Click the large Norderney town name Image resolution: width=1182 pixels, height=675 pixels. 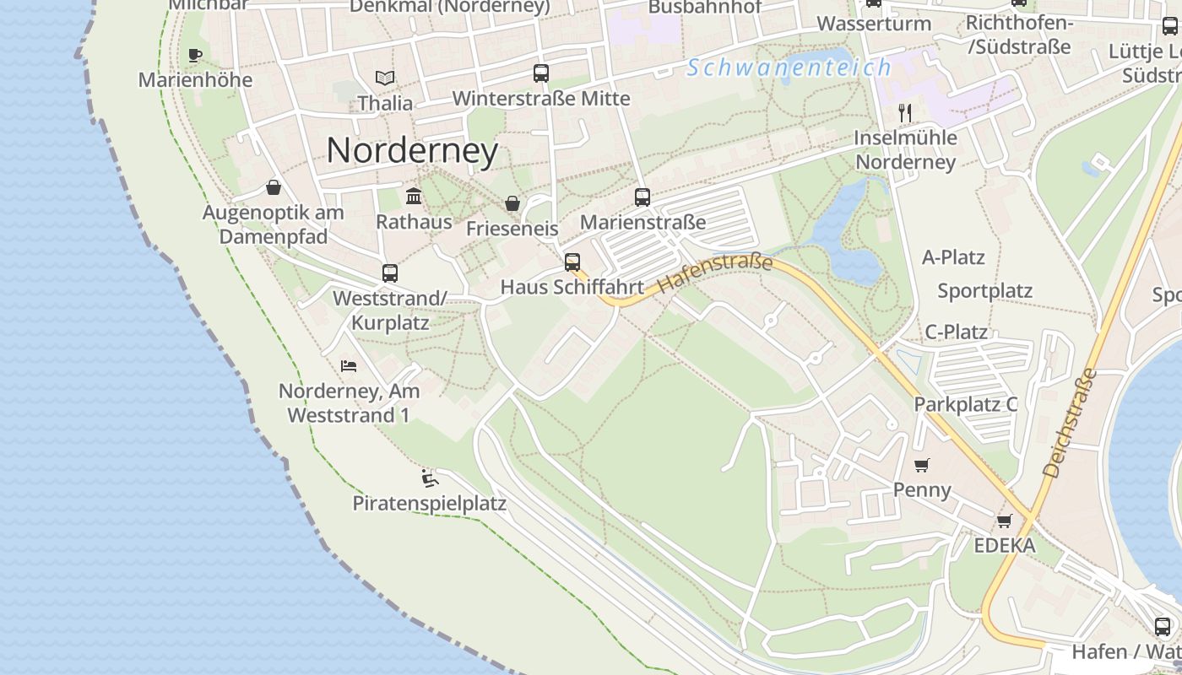412,150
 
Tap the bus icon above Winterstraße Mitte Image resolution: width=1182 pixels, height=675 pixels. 541,73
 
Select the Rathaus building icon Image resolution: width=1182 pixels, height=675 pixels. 414,197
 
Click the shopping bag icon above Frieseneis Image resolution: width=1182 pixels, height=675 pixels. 512,203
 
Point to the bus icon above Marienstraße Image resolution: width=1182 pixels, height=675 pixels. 643,197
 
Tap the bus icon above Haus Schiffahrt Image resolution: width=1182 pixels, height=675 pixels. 572,262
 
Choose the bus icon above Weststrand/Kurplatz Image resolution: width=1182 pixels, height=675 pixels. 389,273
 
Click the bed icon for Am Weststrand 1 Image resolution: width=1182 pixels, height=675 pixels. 349,366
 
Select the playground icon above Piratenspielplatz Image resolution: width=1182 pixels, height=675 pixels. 430,479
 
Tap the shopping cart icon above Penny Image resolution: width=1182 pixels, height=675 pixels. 922,465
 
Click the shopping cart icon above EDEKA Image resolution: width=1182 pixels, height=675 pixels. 1004,521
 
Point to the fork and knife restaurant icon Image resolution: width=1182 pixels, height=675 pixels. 905,112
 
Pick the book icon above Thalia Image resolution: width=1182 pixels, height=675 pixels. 385,78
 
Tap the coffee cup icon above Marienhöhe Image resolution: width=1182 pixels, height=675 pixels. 195,56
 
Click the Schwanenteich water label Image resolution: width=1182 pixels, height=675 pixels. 789,67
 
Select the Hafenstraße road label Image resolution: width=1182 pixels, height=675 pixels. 715,273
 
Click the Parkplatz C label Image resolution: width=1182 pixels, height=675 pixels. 966,404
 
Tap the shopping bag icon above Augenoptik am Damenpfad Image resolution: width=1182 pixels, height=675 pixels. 274,187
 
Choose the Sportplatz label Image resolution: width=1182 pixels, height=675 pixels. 984,291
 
